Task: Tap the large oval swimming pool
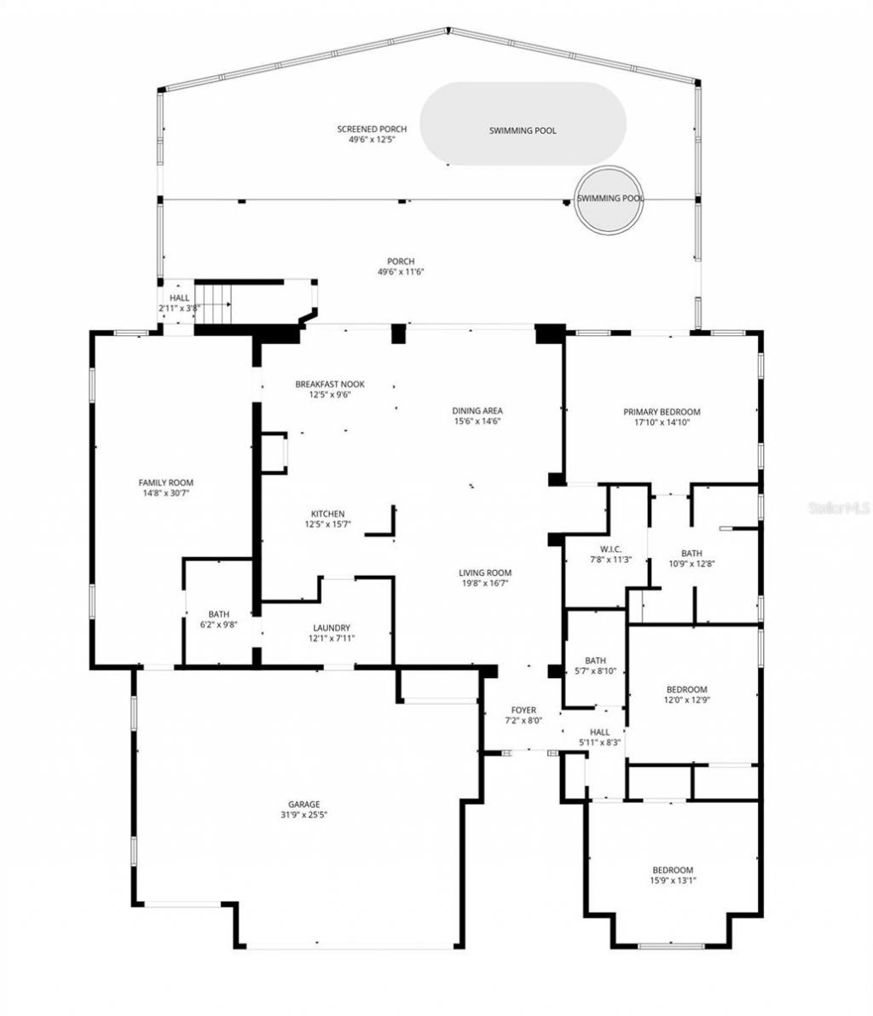coord(523,125)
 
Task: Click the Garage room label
coord(304,804)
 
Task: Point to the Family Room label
coord(166,482)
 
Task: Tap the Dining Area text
coord(477,410)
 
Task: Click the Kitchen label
coord(327,514)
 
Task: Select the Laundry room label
coord(331,628)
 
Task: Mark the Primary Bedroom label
coord(673,412)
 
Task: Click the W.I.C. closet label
coord(610,549)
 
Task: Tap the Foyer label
coord(523,710)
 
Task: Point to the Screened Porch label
coord(372,129)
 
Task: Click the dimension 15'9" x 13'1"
coord(673,880)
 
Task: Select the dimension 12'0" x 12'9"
coord(686,700)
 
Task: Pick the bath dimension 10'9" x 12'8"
coord(691,563)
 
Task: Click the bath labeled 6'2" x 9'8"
coord(219,624)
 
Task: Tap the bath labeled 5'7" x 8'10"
coord(595,671)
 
